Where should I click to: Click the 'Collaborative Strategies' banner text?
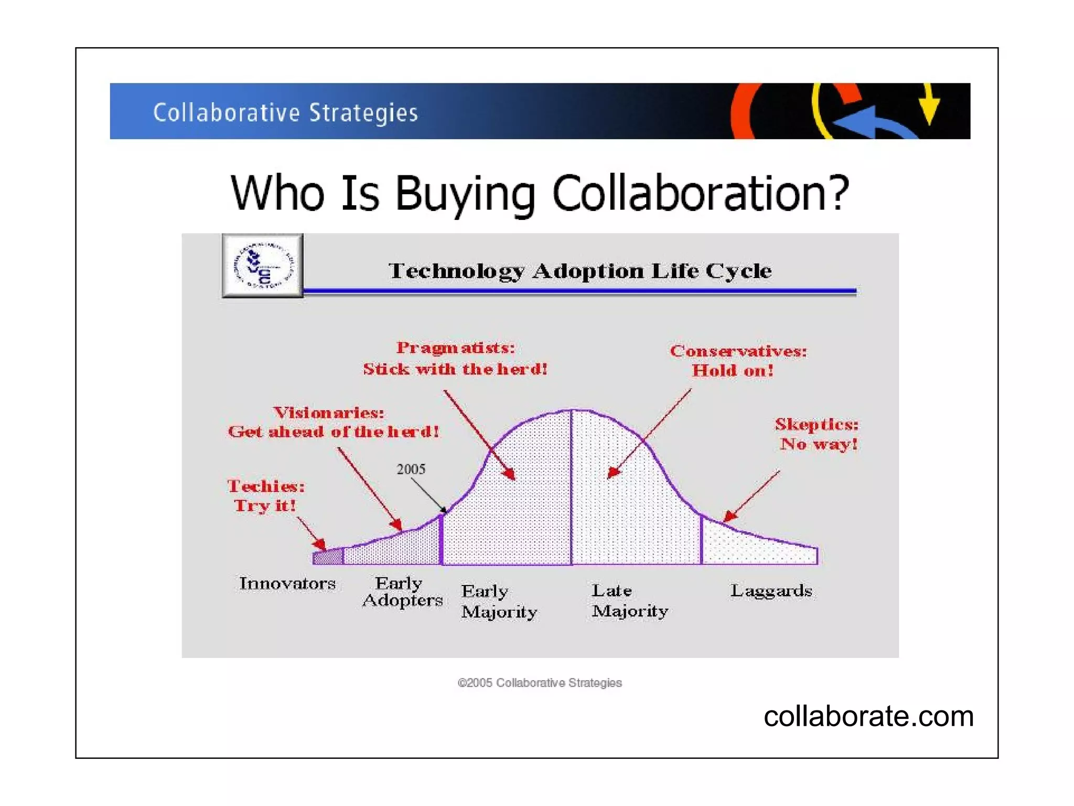[x=285, y=112]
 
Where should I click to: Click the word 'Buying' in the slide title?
[x=465, y=193]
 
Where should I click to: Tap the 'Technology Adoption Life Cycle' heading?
[x=579, y=271]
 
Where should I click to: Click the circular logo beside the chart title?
[x=263, y=266]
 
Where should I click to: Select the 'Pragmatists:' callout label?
[x=455, y=348]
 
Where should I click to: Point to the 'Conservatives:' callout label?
[x=738, y=351]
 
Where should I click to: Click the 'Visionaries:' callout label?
[x=329, y=413]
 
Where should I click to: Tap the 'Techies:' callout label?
[x=266, y=486]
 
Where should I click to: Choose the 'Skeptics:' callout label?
[x=817, y=424]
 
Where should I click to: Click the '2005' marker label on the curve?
[x=411, y=469]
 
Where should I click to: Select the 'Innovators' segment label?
[x=287, y=583]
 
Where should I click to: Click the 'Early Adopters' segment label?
[x=402, y=591]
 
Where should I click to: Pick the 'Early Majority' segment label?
[x=499, y=601]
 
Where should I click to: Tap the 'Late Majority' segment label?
[x=629, y=600]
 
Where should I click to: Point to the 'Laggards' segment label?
[x=771, y=591]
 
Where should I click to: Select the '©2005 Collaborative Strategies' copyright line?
[x=540, y=683]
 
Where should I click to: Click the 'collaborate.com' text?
[x=868, y=716]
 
